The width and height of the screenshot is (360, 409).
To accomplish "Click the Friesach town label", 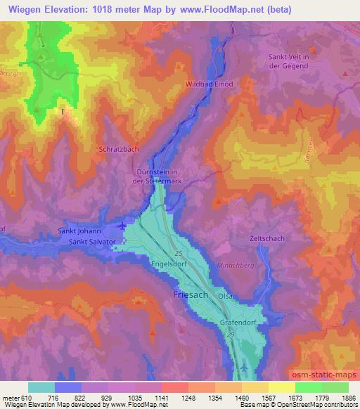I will pos(190,295).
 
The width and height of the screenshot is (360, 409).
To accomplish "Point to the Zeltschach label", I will pos(266,238).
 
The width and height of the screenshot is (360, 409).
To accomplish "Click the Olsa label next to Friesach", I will pos(225,297).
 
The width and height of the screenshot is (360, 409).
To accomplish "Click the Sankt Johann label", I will pos(81,231).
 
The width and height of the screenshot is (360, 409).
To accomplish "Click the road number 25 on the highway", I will pos(179,252).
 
